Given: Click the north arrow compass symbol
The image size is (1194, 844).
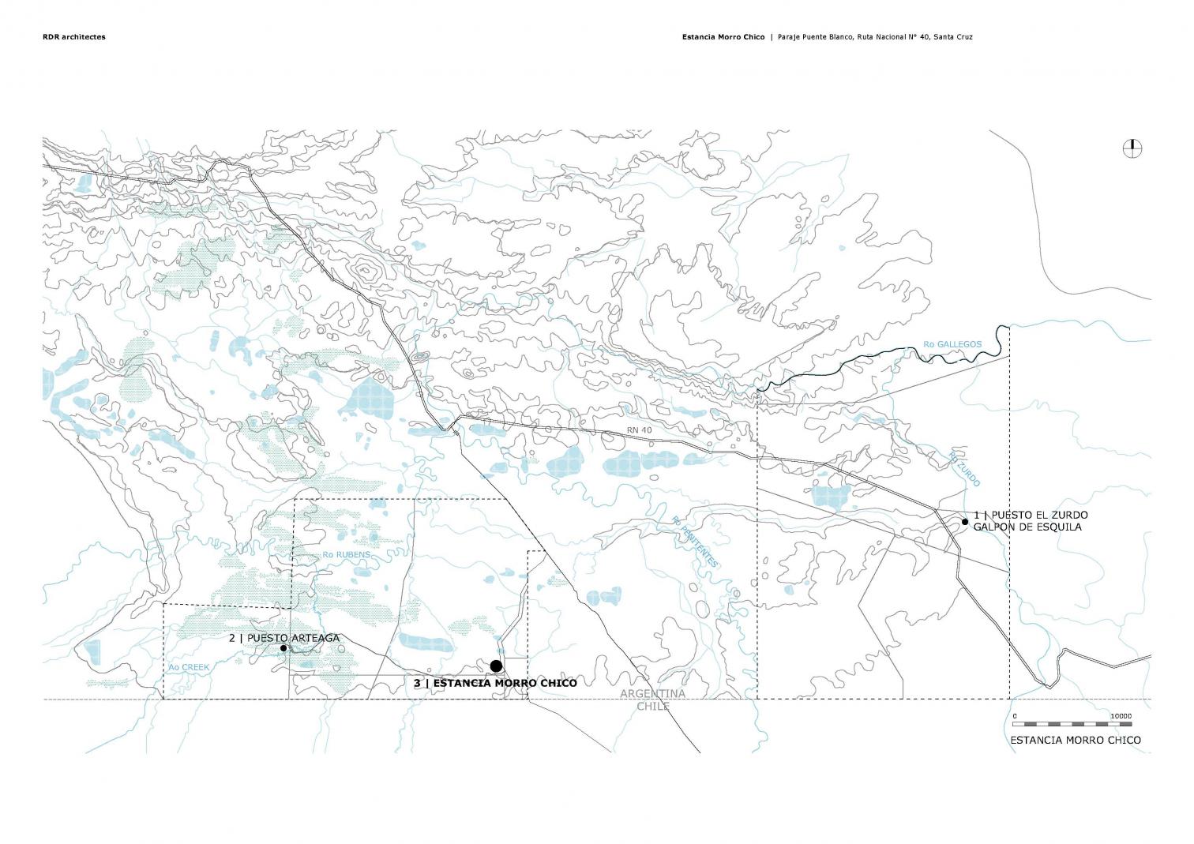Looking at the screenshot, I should tap(1133, 148).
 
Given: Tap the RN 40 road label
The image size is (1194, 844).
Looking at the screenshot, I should tap(640, 430).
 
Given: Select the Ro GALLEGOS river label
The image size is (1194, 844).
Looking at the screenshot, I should tap(952, 344).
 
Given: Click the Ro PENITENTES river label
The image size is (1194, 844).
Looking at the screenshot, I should tap(695, 542).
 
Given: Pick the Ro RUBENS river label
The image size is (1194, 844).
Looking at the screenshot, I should tap(346, 555).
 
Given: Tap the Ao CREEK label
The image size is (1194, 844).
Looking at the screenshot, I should tap(189, 667).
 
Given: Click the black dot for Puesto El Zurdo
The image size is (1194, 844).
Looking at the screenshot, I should tap(965, 522).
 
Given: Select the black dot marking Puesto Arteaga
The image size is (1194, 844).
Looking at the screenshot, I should tap(283, 648).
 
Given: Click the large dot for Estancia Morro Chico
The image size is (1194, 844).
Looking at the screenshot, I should tap(496, 666).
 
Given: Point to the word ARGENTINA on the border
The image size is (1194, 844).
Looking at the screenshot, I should tap(652, 693).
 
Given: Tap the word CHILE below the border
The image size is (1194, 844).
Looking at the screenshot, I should tap(653, 706).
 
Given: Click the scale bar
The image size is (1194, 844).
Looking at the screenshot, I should tap(1072, 724).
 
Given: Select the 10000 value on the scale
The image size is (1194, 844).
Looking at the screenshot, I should tap(1121, 716).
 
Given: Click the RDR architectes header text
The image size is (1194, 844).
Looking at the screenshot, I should tap(73, 37).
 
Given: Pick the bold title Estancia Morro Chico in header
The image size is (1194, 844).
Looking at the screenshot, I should tap(723, 37).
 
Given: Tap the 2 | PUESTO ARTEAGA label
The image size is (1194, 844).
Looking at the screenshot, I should tap(284, 638).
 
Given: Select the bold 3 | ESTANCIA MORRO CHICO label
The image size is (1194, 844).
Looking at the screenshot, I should tap(495, 683).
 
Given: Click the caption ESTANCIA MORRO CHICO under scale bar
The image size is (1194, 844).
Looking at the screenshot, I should tap(1075, 740).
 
